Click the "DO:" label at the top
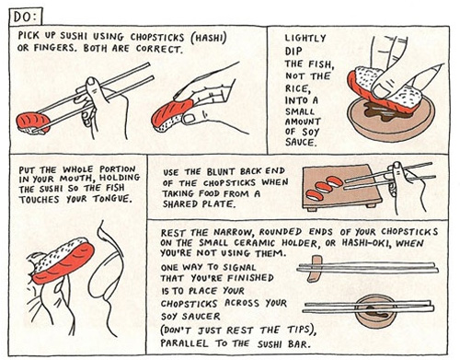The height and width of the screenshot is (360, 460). [26, 17]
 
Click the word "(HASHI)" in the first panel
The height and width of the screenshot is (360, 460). [209, 38]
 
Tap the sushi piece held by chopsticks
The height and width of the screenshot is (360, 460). [33, 123]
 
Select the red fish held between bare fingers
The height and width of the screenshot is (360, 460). [172, 111]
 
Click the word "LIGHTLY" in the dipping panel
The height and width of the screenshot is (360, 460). [305, 38]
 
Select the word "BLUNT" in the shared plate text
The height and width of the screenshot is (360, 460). [221, 171]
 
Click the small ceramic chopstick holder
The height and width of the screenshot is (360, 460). [313, 268]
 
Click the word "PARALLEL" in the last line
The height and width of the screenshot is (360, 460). [184, 343]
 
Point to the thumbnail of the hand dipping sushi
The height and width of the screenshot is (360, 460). [380, 89]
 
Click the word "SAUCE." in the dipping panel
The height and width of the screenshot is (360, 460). [301, 143]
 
